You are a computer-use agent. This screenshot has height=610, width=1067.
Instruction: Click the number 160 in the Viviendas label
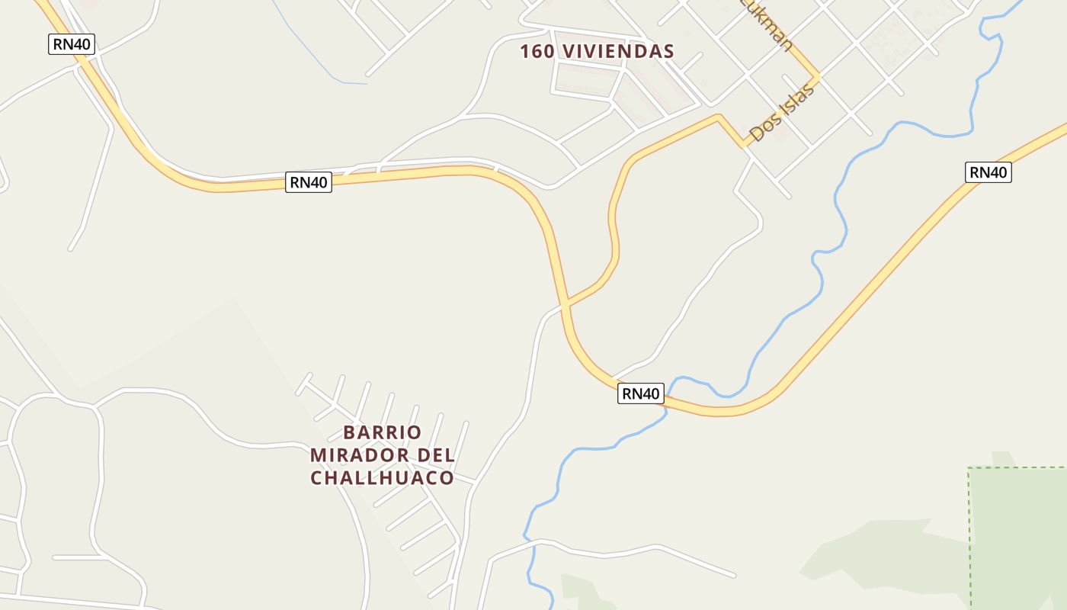pyautogui.click(x=538, y=51)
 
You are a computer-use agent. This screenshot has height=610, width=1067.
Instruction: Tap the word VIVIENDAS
pyautogui.click(x=617, y=51)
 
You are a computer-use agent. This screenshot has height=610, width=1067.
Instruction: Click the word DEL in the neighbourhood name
pyautogui.click(x=433, y=455)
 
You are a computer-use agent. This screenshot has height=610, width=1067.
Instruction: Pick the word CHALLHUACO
pyautogui.click(x=382, y=478)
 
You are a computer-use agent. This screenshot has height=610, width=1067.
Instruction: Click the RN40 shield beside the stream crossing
pyautogui.click(x=640, y=393)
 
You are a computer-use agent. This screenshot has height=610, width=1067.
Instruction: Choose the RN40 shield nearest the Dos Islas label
pyautogui.click(x=988, y=172)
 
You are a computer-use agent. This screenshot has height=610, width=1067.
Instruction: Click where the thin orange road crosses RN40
pyautogui.click(x=565, y=303)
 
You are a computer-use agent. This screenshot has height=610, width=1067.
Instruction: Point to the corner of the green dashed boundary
pyautogui.click(x=969, y=468)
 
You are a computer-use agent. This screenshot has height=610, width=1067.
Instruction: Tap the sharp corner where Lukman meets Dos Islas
pyautogui.click(x=819, y=76)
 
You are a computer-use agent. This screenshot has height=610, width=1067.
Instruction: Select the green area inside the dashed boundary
pyautogui.click(x=1021, y=534)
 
